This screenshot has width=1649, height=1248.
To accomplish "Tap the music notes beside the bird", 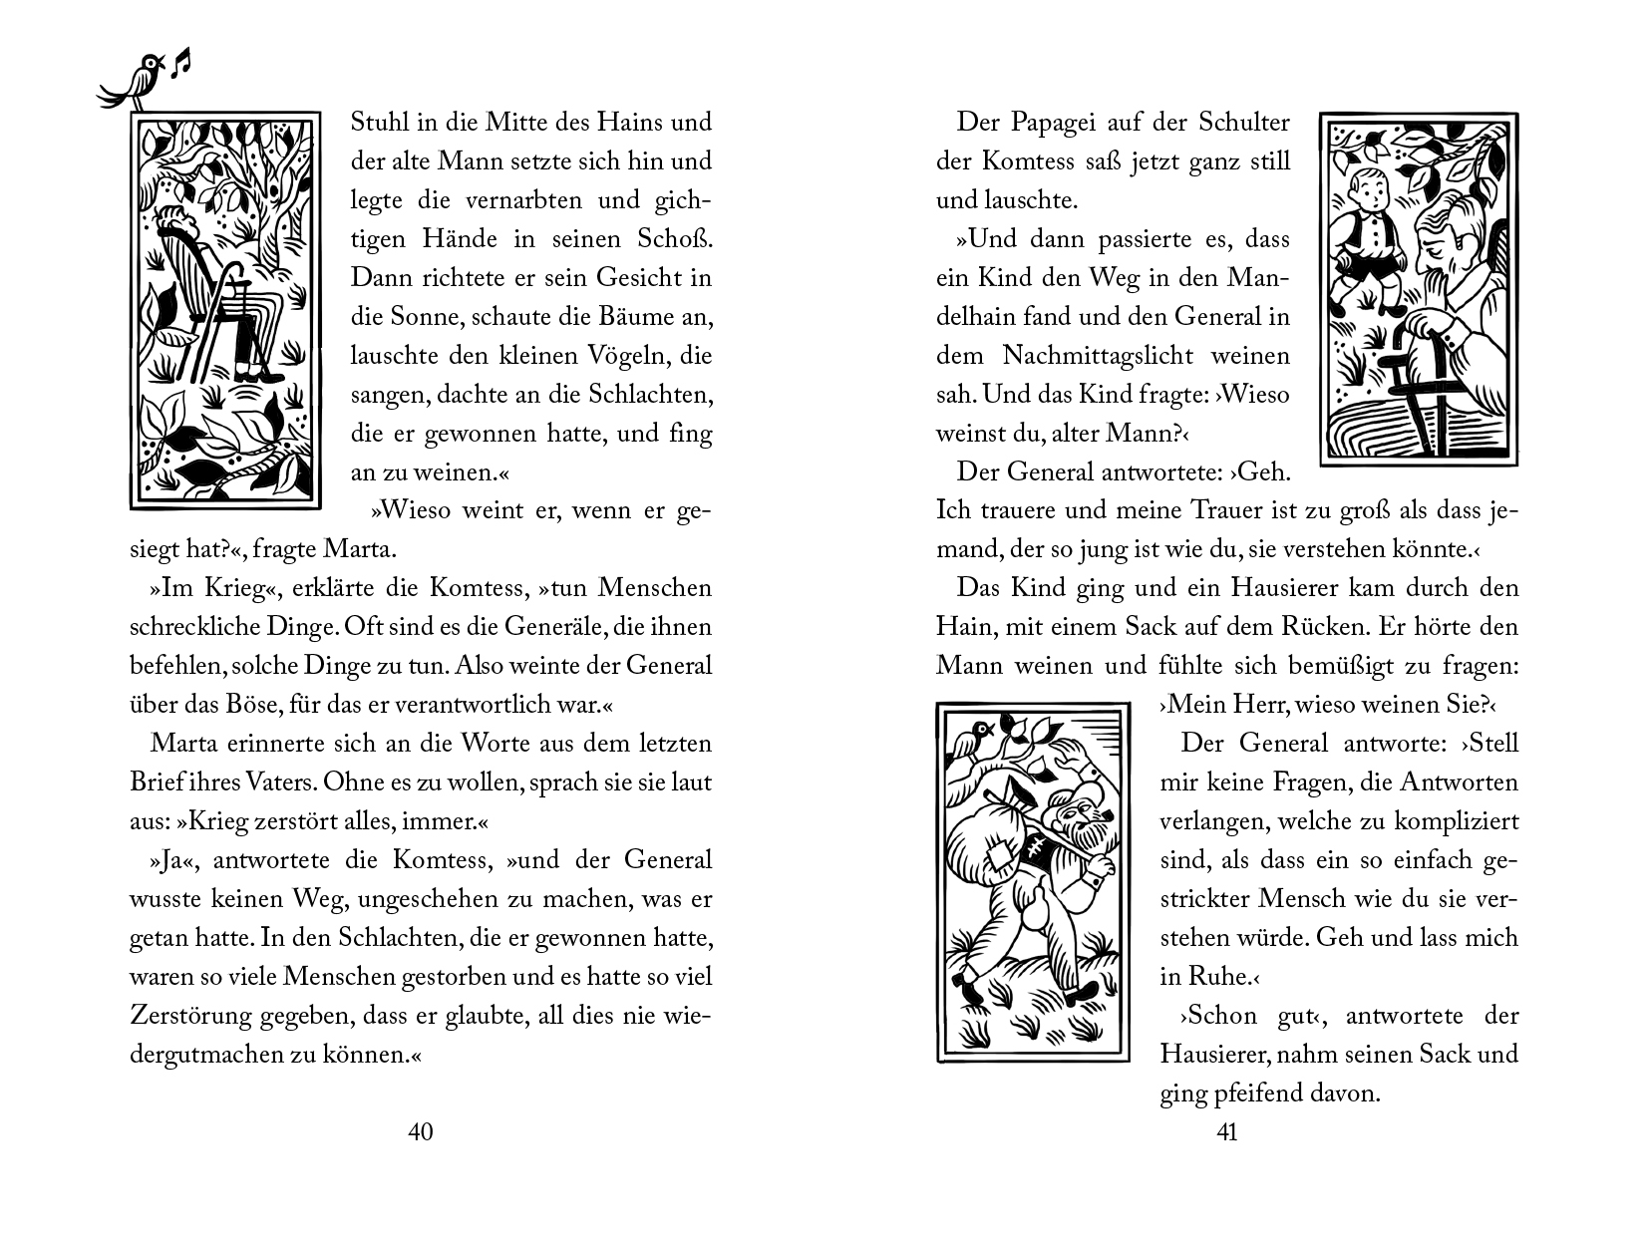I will tap(180, 64).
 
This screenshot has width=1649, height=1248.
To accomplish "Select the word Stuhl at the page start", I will tap(379, 123).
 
